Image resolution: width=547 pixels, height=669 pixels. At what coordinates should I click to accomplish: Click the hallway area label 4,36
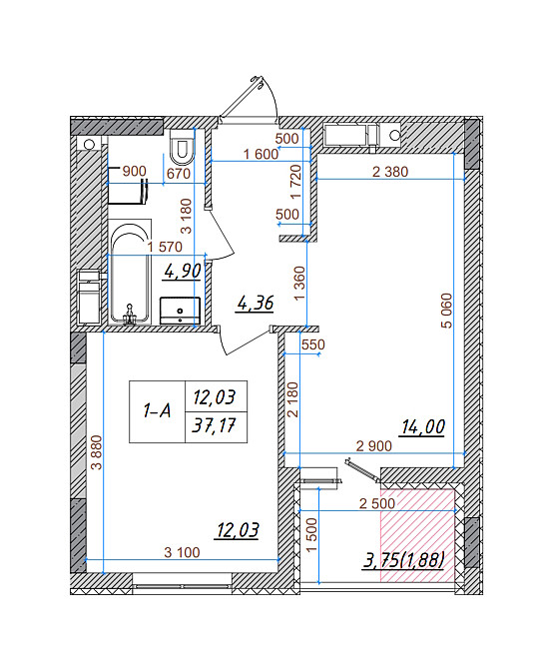[x=254, y=304]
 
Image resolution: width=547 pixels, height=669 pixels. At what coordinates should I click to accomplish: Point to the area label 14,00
[x=422, y=427]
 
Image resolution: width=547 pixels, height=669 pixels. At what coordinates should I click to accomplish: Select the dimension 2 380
[x=389, y=171]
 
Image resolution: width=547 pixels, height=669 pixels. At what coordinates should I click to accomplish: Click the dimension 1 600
[x=260, y=154]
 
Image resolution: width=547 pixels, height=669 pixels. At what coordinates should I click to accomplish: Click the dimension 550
[x=312, y=344]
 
